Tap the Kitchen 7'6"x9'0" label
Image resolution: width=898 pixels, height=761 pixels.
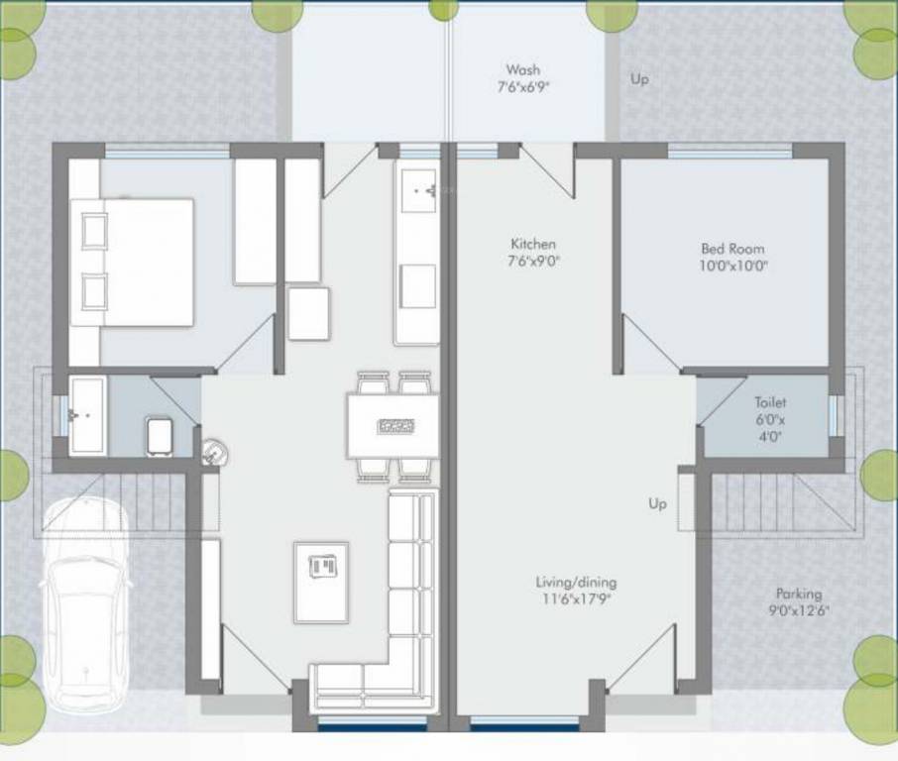(533, 253)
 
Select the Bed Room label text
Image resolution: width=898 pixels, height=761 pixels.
(732, 249)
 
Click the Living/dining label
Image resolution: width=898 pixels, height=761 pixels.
(576, 583)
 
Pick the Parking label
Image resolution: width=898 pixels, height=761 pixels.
(799, 594)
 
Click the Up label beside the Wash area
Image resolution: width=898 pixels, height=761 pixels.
(639, 79)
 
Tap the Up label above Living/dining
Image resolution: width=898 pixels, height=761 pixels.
(657, 503)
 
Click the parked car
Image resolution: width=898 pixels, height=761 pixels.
(86, 605)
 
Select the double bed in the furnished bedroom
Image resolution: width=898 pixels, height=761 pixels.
(132, 263)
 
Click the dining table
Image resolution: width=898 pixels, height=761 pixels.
(393, 425)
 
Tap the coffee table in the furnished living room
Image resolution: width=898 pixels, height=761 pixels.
(321, 582)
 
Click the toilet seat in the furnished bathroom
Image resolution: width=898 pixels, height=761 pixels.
(160, 437)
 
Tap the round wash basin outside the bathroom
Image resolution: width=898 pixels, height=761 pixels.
(215, 452)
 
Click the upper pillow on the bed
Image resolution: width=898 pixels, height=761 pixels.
(94, 231)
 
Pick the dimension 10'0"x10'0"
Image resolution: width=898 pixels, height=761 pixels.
(733, 266)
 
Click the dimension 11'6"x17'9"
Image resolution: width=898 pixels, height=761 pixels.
(577, 598)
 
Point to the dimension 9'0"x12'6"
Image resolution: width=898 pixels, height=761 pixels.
(799, 610)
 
